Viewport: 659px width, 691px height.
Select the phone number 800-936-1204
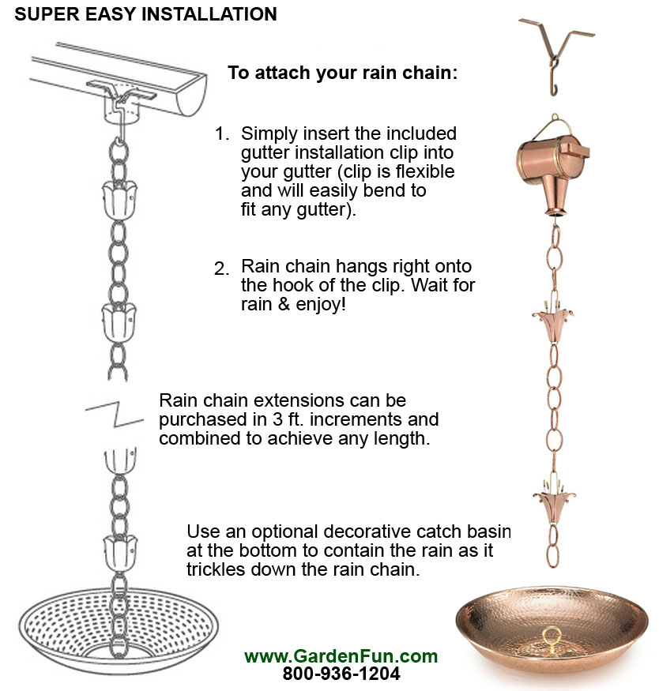point(341,674)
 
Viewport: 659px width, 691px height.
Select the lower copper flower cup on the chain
point(552,501)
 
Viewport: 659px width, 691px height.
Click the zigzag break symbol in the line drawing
point(115,410)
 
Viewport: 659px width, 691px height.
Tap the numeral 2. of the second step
point(222,269)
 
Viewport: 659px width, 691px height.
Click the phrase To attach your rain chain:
point(343,73)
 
